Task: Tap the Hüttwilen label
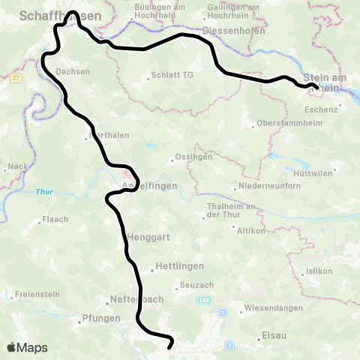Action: point(314,172)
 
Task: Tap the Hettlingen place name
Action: point(178,266)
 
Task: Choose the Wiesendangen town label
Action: point(273,308)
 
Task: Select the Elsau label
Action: point(274,335)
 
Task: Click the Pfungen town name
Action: point(101,317)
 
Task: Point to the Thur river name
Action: point(45,192)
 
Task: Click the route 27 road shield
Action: point(16,77)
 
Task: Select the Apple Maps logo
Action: point(28,347)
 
